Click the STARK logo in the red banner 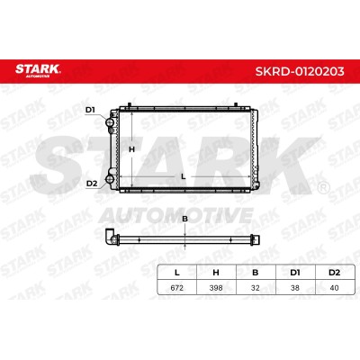[38, 70]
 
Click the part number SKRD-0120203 [300, 71]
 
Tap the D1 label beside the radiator [90, 110]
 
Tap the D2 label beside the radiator [92, 184]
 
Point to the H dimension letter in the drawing [131, 149]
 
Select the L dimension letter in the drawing [184, 176]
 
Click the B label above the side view [185, 219]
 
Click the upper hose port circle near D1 [109, 122]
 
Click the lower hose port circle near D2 [110, 179]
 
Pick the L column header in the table [177, 273]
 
